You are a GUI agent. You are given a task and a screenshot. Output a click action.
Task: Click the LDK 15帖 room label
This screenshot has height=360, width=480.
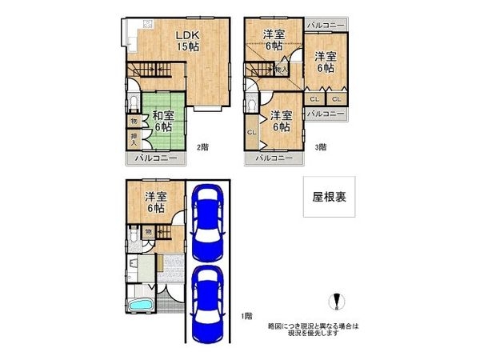click(188, 40)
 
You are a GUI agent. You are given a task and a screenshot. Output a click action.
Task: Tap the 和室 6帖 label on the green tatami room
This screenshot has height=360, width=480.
click(162, 120)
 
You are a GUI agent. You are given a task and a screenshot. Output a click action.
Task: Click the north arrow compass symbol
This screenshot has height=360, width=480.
click(336, 302)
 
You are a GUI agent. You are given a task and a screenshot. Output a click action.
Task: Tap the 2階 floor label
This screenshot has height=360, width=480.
click(202, 146)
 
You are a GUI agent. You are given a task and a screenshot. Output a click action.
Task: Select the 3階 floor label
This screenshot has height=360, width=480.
click(319, 146)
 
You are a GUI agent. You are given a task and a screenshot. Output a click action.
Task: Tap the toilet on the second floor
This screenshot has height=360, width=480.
click(133, 102)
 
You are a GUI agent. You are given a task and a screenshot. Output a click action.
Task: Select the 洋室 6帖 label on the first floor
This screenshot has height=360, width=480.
click(155, 202)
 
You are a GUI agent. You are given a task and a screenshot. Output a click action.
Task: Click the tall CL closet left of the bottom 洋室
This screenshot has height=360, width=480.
click(252, 133)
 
